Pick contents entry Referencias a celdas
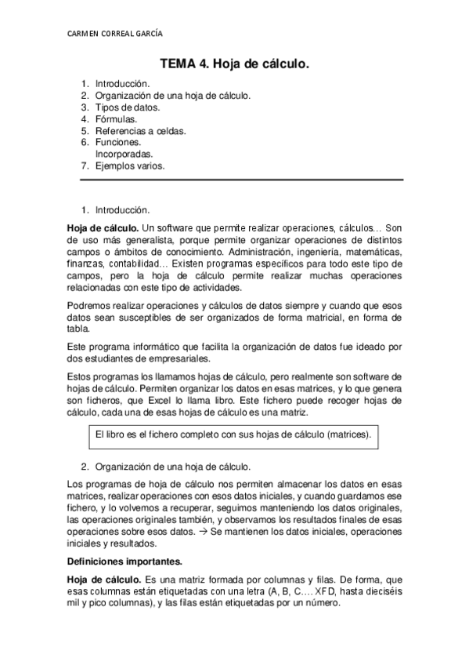click(x=140, y=131)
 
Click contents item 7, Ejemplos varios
click(x=130, y=166)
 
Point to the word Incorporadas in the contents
click(x=124, y=154)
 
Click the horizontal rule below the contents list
click(x=242, y=180)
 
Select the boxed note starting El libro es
click(x=232, y=434)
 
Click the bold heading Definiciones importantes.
click(x=125, y=561)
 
